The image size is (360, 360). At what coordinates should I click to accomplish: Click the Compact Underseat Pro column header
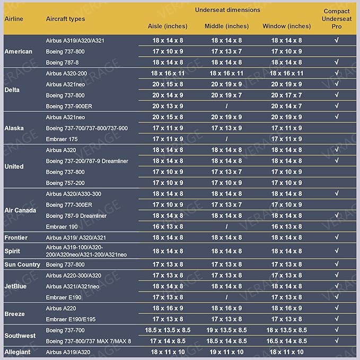(x=337, y=19)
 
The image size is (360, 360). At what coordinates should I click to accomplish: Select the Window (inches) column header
(x=286, y=26)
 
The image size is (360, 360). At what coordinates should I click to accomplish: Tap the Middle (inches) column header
(x=226, y=26)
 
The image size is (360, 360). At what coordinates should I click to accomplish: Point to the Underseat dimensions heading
(x=227, y=10)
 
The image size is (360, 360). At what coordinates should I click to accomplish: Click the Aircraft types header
(x=65, y=19)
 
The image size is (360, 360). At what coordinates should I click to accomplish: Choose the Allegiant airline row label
(x=17, y=352)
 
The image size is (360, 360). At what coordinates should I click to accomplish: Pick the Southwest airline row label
(x=20, y=336)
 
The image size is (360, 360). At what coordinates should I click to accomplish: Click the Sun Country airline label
(x=22, y=265)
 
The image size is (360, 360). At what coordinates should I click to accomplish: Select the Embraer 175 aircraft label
(x=62, y=139)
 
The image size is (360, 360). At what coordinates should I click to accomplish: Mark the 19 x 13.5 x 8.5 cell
(x=226, y=330)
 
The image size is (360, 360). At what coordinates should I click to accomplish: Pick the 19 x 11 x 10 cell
(x=226, y=352)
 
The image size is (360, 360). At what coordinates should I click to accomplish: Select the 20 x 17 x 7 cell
(x=286, y=95)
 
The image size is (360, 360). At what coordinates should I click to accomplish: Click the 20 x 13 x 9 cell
(x=168, y=106)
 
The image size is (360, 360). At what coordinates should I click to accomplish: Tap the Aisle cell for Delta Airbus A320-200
(x=168, y=73)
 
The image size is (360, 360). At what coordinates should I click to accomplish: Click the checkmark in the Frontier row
(x=337, y=238)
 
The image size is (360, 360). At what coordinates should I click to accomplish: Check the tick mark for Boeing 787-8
(x=337, y=62)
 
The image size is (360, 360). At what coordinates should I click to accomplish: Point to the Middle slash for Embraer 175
(x=226, y=139)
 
